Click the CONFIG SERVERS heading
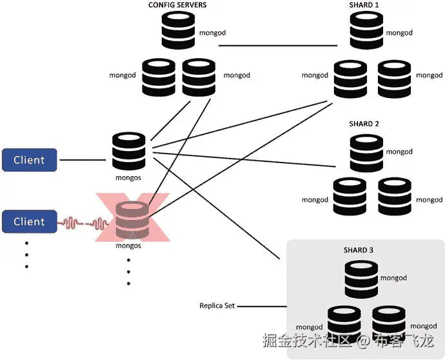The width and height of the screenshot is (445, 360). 177,6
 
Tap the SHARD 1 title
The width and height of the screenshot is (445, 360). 364,6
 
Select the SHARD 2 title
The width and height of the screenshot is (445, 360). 364,123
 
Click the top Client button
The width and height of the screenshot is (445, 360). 29,160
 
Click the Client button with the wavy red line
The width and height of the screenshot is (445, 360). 29,222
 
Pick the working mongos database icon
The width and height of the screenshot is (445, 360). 129,150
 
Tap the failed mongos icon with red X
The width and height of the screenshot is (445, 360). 132,219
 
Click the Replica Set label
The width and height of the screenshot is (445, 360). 217,305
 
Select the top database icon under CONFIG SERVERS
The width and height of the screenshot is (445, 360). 177,30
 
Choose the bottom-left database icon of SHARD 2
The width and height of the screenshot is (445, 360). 349,197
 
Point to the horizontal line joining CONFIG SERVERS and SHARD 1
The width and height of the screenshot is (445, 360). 277,46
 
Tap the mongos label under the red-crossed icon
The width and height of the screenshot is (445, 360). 128,246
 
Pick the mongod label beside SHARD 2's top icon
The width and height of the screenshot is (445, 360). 399,152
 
